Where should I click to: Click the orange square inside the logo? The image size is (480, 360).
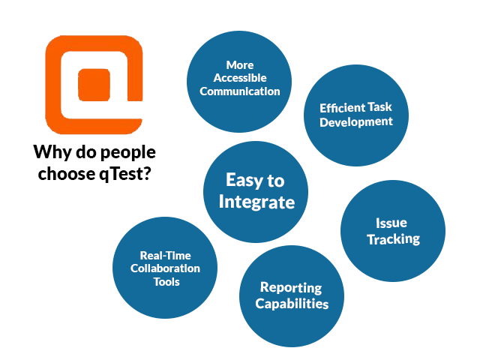94,85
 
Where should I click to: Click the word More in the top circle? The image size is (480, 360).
240,65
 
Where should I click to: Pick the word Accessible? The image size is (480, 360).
240,78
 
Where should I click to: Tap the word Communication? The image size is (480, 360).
240,91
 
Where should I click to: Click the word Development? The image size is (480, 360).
356,121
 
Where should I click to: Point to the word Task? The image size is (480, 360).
379,107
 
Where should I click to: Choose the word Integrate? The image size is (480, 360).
256,202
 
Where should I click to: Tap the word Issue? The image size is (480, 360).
391,223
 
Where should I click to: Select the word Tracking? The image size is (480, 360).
393,239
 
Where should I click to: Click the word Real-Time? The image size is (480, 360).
165,255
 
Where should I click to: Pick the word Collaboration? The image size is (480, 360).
165,268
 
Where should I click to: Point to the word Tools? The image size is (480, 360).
166,282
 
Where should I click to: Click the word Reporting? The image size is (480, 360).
291,288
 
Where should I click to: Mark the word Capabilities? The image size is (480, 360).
292,304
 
